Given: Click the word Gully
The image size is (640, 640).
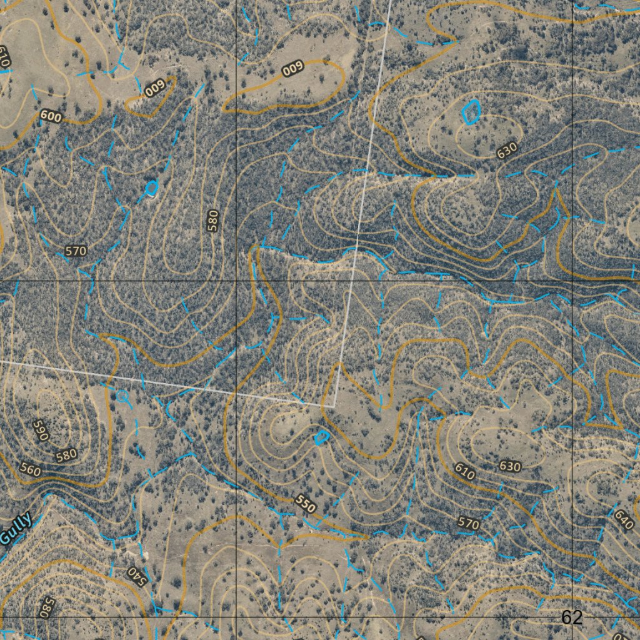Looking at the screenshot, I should (x=15, y=529).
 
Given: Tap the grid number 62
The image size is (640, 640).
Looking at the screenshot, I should (x=571, y=617).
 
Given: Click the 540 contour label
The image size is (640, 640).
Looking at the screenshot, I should (x=136, y=575).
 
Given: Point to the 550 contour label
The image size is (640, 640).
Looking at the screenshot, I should (x=306, y=504).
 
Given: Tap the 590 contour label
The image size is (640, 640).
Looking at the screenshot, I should (x=40, y=431).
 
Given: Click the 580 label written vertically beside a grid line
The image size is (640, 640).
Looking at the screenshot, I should (x=214, y=221).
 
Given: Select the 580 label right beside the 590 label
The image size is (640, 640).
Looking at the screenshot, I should (x=66, y=456).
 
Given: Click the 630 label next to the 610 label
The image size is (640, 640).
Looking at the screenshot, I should (x=510, y=466).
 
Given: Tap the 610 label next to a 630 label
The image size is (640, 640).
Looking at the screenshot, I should (x=464, y=471).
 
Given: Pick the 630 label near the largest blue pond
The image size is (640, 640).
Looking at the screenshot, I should (x=507, y=150).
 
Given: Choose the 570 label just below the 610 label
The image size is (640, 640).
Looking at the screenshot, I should (x=469, y=523).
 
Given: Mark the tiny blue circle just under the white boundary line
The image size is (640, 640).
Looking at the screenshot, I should (x=122, y=395).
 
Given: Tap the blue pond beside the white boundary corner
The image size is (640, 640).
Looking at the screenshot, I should (x=321, y=437).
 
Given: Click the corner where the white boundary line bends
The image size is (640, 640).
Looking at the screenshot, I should (x=334, y=406).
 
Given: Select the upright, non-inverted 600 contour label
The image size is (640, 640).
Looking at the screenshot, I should (x=51, y=116).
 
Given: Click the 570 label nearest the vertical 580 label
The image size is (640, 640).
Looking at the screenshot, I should (x=76, y=251).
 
